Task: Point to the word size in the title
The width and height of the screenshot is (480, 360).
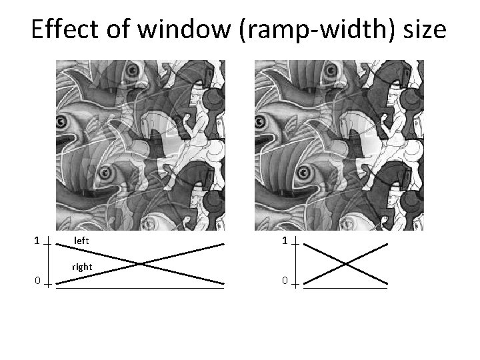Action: (421, 30)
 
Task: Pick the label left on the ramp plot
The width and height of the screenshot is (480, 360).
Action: (82, 239)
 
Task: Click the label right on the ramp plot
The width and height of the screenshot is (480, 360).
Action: (82, 267)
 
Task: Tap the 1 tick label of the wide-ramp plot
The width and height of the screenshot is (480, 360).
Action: (37, 239)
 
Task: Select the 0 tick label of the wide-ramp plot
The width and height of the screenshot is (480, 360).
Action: (37, 281)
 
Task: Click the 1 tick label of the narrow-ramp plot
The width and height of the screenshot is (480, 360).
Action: (284, 240)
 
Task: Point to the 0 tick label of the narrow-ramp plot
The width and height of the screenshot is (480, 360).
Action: (284, 281)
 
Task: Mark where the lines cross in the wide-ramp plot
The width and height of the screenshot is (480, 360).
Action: (140, 263)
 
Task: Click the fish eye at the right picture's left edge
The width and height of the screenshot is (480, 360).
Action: (263, 121)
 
